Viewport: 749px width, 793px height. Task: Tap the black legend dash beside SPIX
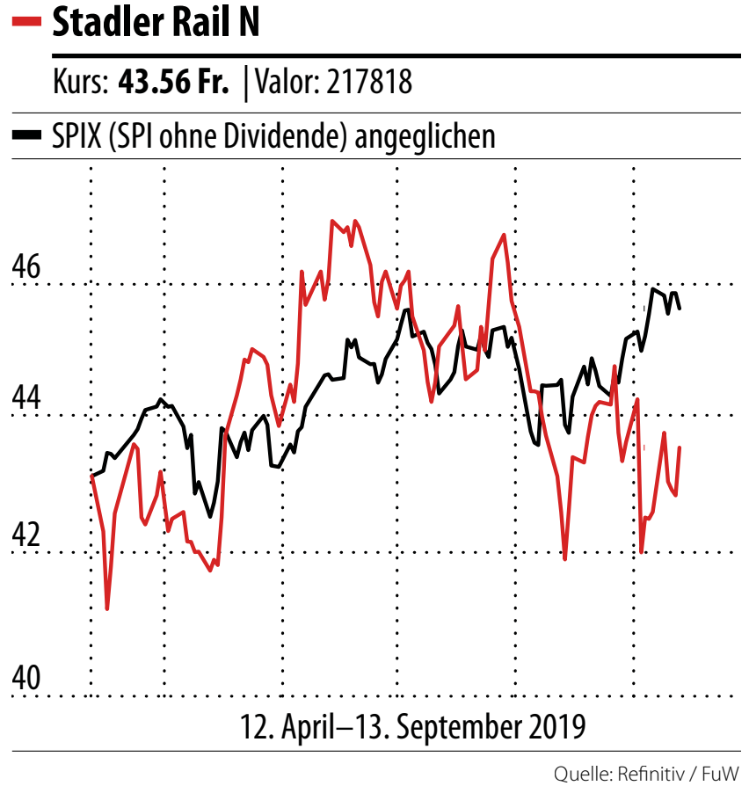[x=27, y=136]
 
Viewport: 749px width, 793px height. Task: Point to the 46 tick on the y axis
[x=26, y=266]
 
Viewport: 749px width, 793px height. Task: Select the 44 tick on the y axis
[x=26, y=399]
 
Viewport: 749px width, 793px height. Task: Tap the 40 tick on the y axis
[x=26, y=678]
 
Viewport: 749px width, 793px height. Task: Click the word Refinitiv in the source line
[x=649, y=775]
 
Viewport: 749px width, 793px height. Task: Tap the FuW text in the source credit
[x=721, y=775]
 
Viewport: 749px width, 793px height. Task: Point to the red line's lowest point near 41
[x=107, y=607]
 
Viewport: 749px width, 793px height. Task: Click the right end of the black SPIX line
[x=680, y=308]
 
